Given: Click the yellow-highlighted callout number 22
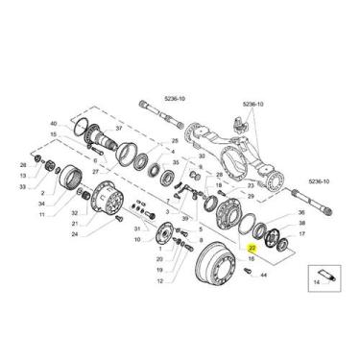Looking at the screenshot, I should (252, 248).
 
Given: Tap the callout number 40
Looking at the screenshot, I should (54, 124).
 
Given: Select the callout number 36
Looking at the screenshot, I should (301, 212).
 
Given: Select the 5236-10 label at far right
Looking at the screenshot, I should (319, 181).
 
